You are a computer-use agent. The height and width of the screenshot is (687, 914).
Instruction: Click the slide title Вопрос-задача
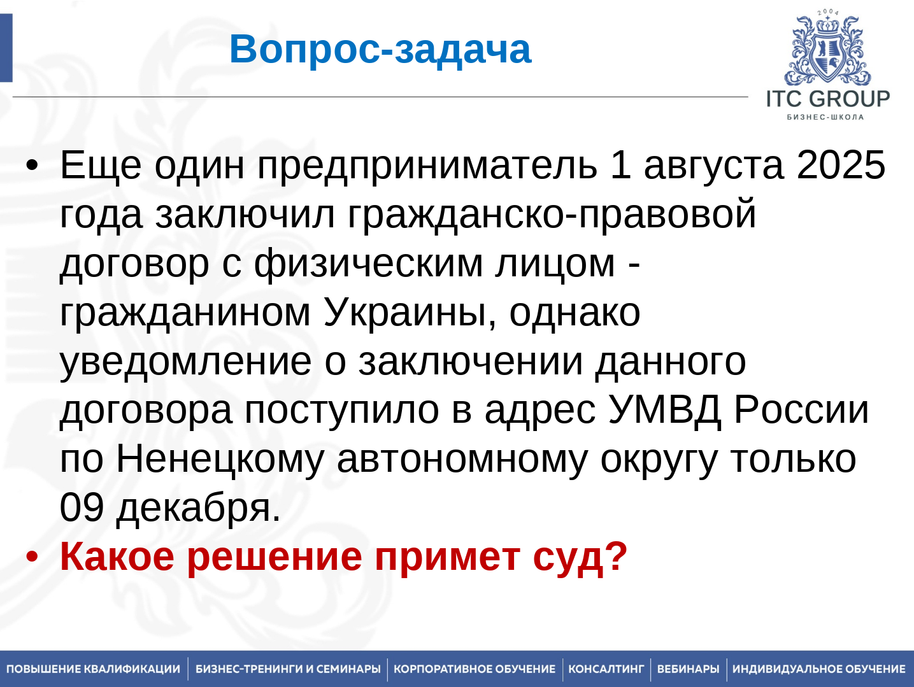click(x=380, y=49)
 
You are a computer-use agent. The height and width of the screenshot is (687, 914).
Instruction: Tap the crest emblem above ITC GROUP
click(x=827, y=51)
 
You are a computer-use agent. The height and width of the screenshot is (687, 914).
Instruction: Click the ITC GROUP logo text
click(x=827, y=99)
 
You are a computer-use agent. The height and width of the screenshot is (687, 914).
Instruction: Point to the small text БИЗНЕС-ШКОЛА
click(x=825, y=117)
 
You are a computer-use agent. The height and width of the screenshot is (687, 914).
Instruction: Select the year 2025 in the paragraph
click(x=841, y=165)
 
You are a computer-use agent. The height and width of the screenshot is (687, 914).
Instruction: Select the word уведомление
click(x=185, y=362)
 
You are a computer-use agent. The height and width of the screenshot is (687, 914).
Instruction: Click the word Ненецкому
click(x=220, y=459)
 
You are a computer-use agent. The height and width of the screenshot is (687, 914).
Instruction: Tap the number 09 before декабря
click(x=82, y=507)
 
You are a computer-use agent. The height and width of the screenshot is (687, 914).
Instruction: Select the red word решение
click(x=274, y=557)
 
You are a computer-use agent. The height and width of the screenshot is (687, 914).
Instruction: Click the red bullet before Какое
click(x=32, y=557)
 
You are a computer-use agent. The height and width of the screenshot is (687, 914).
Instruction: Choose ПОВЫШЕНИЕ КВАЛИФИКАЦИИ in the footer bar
click(x=93, y=669)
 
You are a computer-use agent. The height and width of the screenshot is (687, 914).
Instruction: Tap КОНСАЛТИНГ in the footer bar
click(x=606, y=669)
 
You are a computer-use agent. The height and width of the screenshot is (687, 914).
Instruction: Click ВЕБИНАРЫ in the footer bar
click(x=688, y=669)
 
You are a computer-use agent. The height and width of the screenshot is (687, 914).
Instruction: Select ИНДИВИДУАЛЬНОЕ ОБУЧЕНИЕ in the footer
click(x=818, y=669)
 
